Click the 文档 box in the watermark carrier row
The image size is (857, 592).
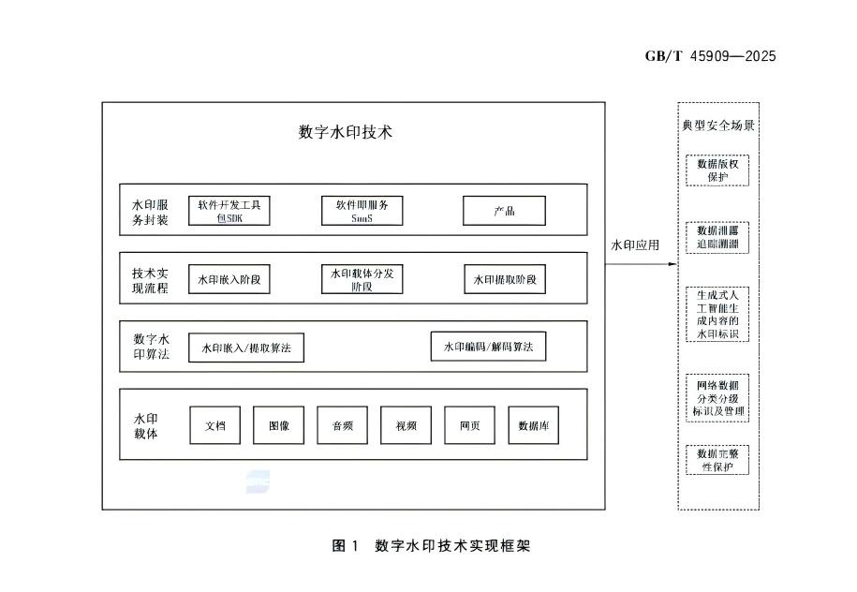click(x=215, y=425)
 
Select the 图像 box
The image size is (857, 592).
click(x=279, y=425)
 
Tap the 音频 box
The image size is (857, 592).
click(x=343, y=425)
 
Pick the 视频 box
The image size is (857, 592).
click(x=406, y=425)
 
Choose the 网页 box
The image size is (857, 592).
click(x=469, y=425)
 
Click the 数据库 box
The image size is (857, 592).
click(x=534, y=425)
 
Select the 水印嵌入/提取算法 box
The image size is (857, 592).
click(x=246, y=348)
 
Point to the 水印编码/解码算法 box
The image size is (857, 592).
click(x=488, y=348)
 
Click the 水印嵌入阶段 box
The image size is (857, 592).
click(x=229, y=280)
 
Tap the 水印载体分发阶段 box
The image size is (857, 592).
click(x=362, y=280)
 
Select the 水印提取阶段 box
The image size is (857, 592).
click(x=506, y=280)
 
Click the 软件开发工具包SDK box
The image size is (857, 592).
click(x=229, y=211)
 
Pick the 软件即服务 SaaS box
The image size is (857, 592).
click(x=362, y=211)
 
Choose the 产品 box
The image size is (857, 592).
click(x=504, y=211)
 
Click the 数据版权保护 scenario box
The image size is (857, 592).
click(x=718, y=170)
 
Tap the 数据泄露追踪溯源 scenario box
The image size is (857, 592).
click(x=718, y=237)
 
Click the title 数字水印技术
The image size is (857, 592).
click(x=346, y=132)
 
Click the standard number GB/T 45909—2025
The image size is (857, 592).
click(x=711, y=56)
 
